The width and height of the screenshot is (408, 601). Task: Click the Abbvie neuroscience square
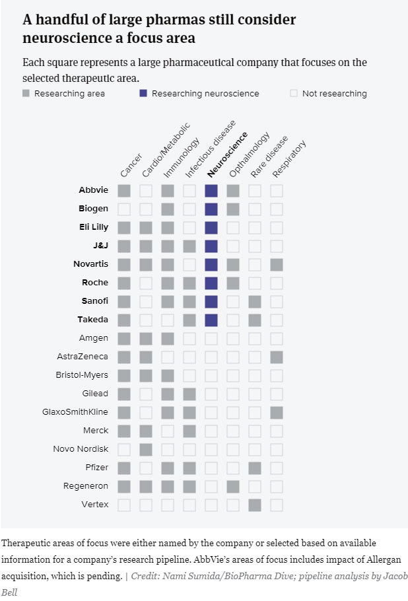tap(211, 191)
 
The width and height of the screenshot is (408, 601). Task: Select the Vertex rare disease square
tap(255, 505)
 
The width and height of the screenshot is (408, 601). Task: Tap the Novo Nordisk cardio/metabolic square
tap(145, 450)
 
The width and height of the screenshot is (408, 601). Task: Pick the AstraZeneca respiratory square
tap(277, 357)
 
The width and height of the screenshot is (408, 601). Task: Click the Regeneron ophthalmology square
tap(233, 487)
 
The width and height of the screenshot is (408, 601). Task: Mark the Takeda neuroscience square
tap(211, 320)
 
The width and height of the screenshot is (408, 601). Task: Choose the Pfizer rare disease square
tap(255, 468)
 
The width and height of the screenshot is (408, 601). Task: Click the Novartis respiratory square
tap(277, 265)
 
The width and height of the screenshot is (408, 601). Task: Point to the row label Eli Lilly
tap(93, 227)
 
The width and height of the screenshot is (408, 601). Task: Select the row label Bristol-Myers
tap(82, 375)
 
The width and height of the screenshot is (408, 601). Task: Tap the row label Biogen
tap(93, 209)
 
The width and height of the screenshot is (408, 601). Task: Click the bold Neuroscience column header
tap(227, 155)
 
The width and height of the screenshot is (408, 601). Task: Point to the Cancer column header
tap(131, 165)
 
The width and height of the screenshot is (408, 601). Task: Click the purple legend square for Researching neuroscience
tap(143, 94)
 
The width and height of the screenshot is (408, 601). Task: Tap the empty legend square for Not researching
tap(294, 94)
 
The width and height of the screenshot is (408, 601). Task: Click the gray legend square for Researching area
tap(26, 94)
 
